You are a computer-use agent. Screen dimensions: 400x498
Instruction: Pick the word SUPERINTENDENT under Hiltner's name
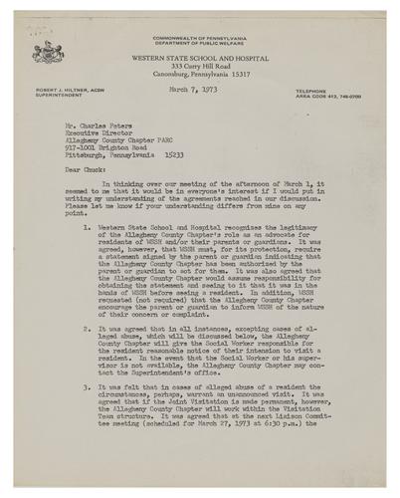[46, 96]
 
